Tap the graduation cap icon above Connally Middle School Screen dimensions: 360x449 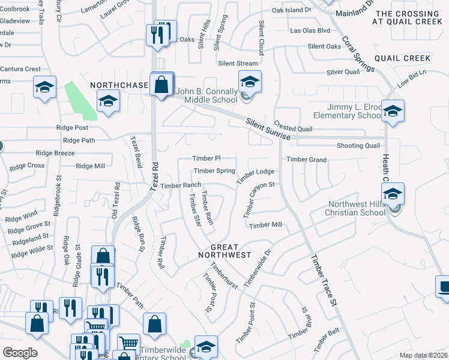pos(250,82)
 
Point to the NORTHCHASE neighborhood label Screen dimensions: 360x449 pos(119,86)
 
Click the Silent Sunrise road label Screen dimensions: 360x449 pos(268,130)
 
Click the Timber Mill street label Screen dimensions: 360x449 pos(265,225)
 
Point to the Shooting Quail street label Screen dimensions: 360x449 pos(358,146)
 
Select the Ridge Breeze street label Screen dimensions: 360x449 pos(55,153)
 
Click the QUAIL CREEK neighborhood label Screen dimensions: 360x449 pos(402,58)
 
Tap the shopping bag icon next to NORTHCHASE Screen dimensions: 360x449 pos(161,85)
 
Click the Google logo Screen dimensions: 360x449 pos(20,353)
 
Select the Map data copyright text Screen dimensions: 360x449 pos(424,355)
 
